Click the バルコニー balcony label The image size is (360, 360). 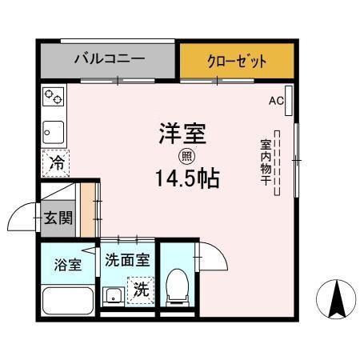pos(109,59)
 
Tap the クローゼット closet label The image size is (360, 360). pos(236,60)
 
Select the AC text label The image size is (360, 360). pos(276,101)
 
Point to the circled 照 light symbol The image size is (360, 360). pos(186,156)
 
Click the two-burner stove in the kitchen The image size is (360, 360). pos(54,98)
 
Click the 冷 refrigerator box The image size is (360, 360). pos(56,163)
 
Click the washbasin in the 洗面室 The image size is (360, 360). pos(113,296)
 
